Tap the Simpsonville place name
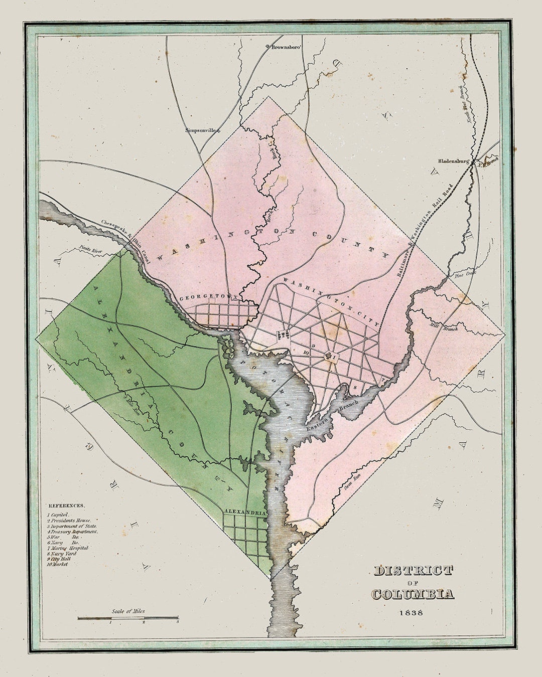coord(202,130)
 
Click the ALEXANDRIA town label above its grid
coord(244,512)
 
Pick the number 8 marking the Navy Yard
coord(355,387)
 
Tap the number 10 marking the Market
coord(306,353)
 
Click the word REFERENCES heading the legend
coord(66,506)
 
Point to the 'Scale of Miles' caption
coord(128,611)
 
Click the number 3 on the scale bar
coord(177,622)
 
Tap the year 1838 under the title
coord(411,612)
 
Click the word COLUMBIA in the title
coord(413,594)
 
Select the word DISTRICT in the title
coord(413,570)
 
